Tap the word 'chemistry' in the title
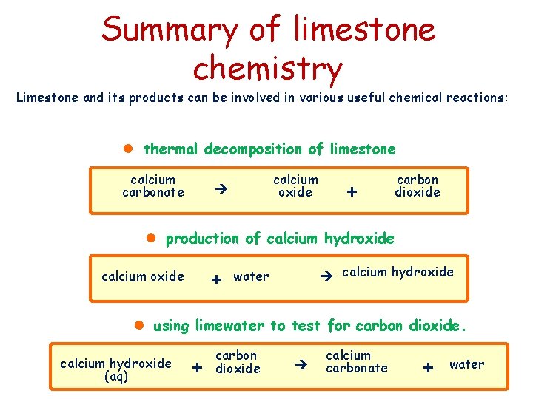click(x=267, y=69)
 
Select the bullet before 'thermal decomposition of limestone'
click(x=127, y=149)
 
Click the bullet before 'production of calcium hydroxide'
click(x=150, y=238)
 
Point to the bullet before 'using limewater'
click(x=138, y=325)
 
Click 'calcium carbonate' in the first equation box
click(x=153, y=185)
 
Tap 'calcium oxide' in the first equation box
click(x=295, y=185)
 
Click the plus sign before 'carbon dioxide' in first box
click(x=352, y=191)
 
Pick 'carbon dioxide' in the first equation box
click(x=418, y=185)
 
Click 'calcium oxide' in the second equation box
click(x=143, y=276)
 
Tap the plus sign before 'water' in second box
click(x=216, y=280)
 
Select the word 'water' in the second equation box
click(x=251, y=276)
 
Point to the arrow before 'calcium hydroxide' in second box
click(x=324, y=276)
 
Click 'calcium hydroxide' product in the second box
click(x=398, y=272)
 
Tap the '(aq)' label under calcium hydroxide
click(x=116, y=376)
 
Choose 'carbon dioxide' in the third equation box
click(x=238, y=362)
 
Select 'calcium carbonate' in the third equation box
click(x=357, y=361)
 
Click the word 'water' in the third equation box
click(x=467, y=364)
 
